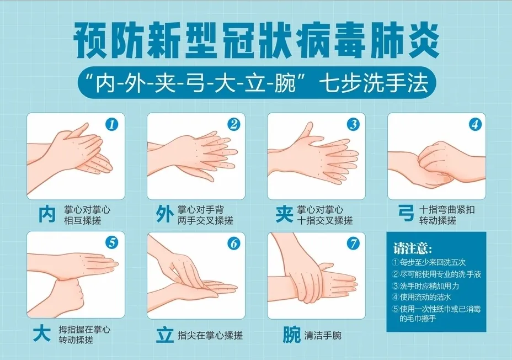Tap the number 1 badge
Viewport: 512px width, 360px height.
[x=113, y=125]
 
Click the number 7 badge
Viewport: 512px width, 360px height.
[x=354, y=243]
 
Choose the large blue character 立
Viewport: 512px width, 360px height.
[x=164, y=335]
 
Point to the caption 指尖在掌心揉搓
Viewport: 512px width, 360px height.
[x=210, y=335]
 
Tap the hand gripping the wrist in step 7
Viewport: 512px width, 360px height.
[x=309, y=282]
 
